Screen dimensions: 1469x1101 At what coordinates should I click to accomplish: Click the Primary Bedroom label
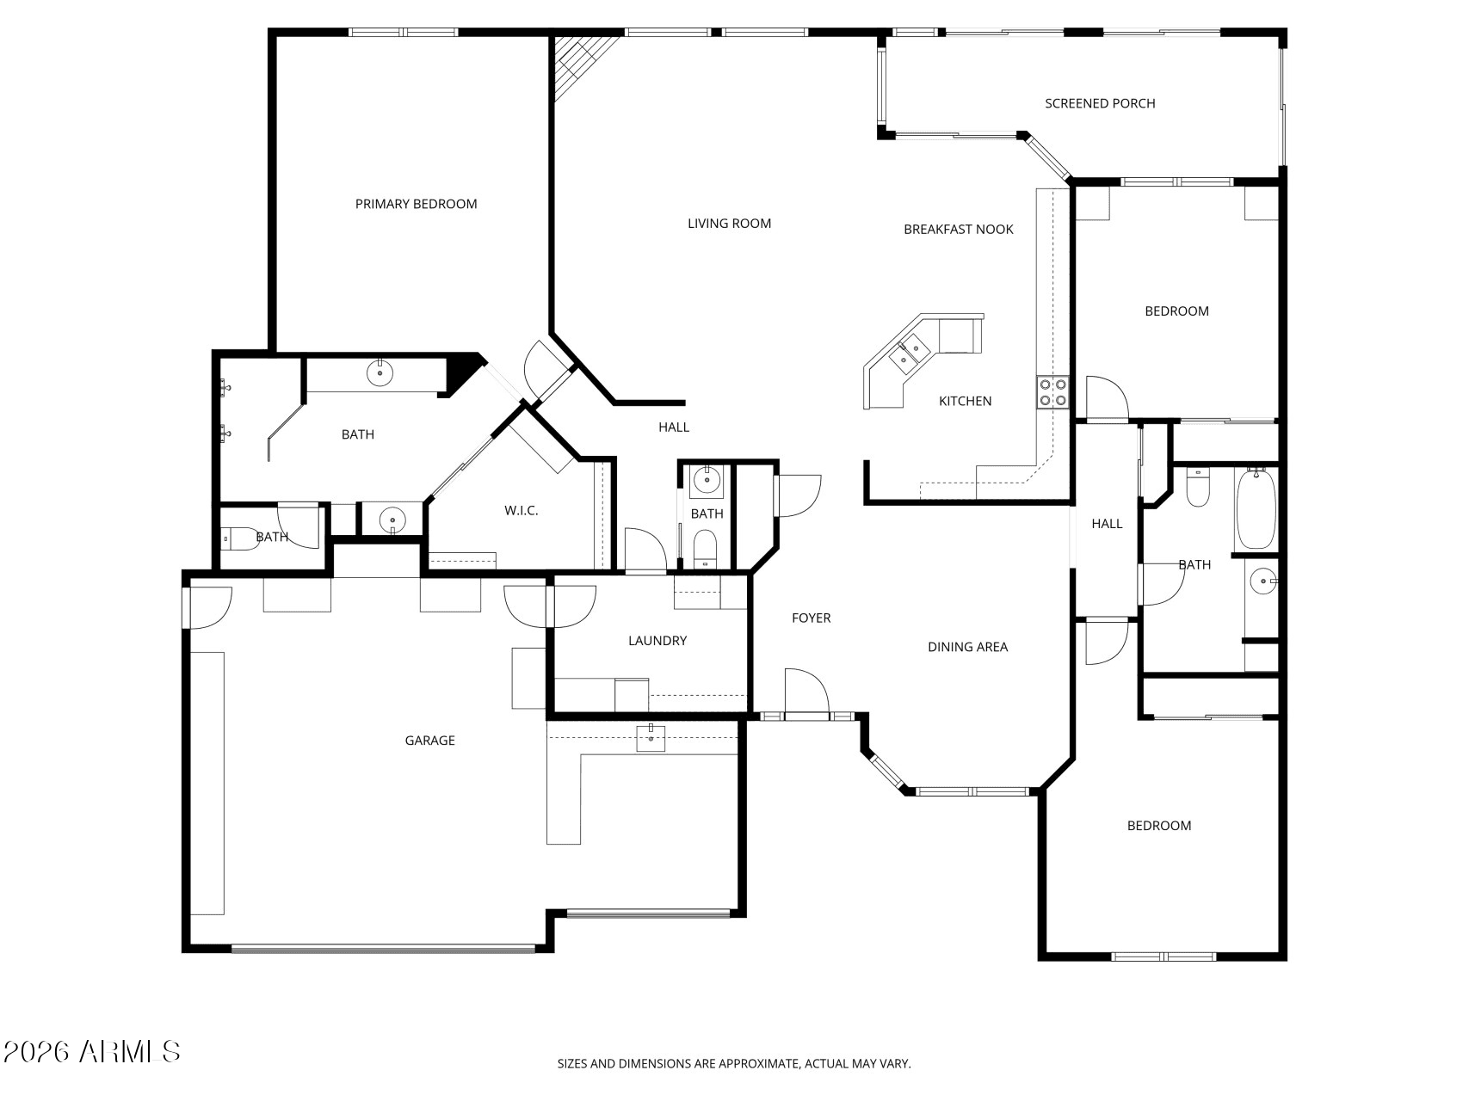coord(416,204)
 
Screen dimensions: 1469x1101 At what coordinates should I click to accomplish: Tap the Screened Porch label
coord(1100,103)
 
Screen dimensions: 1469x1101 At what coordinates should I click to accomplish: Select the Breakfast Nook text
coord(958,229)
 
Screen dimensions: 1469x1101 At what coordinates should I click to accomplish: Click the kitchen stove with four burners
coord(1052,392)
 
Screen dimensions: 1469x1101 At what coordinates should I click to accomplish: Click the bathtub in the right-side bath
coord(1256,507)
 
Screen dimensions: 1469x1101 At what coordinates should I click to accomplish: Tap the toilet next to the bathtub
coord(1198,487)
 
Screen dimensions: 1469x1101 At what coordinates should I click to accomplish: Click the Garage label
coord(429,740)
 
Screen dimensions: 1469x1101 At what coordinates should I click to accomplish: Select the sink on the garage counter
coord(651,738)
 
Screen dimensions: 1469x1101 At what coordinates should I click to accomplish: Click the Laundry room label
coord(657,640)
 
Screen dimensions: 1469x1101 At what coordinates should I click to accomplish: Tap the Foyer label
coord(811,618)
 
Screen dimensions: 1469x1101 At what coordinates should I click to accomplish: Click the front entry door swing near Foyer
coord(806,692)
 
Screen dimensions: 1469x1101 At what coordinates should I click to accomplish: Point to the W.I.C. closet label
coord(521,510)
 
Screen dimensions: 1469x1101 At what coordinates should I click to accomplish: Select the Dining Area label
coord(967,647)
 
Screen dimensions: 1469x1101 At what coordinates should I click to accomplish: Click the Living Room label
coord(729,224)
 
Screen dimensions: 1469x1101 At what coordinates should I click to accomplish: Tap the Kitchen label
coord(965,401)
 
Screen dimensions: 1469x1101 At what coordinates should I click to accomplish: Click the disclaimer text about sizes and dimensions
coord(734,1064)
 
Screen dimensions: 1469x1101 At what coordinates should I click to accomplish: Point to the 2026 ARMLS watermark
coord(91,1051)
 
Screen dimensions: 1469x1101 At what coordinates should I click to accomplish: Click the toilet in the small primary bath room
coord(241,539)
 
